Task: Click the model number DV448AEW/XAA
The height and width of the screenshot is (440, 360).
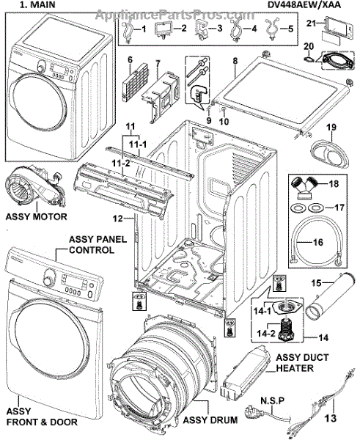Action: [x=304, y=5]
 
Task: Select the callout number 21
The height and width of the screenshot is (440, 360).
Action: [x=311, y=23]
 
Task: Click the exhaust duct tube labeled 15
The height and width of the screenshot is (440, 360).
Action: [x=326, y=296]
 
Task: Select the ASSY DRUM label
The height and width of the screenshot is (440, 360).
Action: [x=210, y=419]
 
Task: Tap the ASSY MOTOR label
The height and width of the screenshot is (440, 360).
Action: [x=36, y=216]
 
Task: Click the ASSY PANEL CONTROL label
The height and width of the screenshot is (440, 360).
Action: [x=98, y=244]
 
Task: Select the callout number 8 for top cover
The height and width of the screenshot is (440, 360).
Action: [x=235, y=61]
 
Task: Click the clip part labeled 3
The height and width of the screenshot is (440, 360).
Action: [x=202, y=29]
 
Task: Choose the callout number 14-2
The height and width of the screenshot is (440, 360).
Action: [x=265, y=333]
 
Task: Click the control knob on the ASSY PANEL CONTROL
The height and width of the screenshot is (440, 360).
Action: [x=49, y=276]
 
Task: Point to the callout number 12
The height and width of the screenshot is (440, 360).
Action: [x=118, y=218]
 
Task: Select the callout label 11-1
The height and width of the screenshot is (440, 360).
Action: [x=138, y=144]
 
